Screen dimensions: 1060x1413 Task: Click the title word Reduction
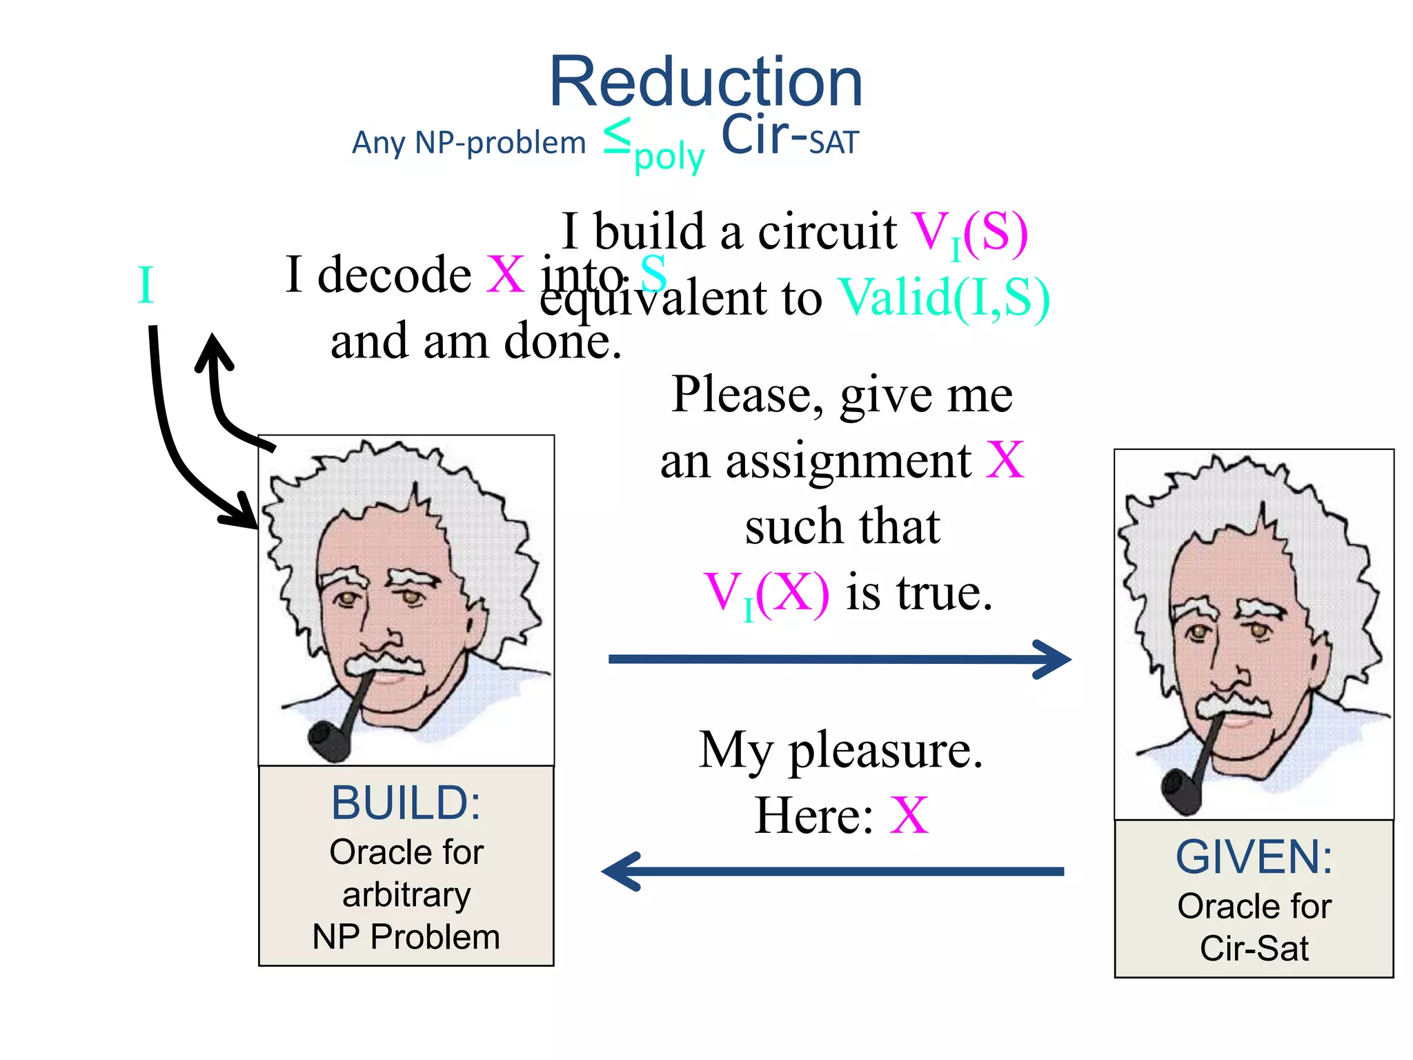click(x=705, y=83)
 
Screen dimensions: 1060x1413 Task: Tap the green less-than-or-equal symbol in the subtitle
click(x=617, y=136)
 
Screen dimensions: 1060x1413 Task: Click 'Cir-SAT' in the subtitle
click(x=789, y=136)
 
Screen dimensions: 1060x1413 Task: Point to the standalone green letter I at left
click(x=145, y=285)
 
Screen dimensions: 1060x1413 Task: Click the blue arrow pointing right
click(x=839, y=660)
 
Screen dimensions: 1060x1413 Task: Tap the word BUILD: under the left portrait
click(x=406, y=803)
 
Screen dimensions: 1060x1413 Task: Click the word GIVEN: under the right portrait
click(x=1254, y=857)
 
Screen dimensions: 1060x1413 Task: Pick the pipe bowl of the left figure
click(x=328, y=741)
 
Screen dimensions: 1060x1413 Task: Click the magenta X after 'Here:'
click(x=909, y=816)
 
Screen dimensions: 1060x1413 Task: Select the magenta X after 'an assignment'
click(x=1005, y=460)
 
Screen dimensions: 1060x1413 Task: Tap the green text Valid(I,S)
click(x=944, y=299)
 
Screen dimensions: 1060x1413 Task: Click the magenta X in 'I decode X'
click(x=506, y=275)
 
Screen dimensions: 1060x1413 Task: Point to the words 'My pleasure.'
click(x=840, y=750)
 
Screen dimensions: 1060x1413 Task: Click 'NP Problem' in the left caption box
click(x=406, y=937)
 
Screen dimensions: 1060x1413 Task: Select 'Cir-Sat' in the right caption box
click(x=1254, y=948)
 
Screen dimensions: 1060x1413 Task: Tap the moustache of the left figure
click(x=384, y=663)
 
